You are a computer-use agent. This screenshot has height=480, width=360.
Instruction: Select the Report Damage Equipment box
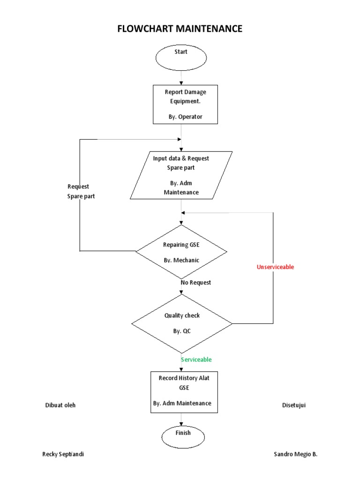[185, 104]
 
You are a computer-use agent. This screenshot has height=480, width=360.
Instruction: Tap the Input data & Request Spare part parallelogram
[181, 175]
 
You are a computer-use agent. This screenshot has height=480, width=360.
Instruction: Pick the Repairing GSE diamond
[181, 252]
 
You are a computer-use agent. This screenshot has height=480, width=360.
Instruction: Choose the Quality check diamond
[182, 323]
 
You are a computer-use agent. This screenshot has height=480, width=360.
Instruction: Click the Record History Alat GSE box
[184, 392]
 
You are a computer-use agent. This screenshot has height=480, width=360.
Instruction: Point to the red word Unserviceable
[275, 267]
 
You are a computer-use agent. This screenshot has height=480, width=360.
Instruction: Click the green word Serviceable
[196, 360]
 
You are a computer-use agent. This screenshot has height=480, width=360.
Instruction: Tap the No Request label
[196, 283]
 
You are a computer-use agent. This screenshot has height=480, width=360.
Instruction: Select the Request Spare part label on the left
[81, 191]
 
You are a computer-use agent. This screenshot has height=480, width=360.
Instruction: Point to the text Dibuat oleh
[60, 405]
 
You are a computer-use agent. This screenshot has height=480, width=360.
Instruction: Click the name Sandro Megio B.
[295, 455]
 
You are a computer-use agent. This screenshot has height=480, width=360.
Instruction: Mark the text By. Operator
[186, 117]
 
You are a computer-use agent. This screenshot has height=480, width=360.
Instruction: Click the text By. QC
[182, 331]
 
